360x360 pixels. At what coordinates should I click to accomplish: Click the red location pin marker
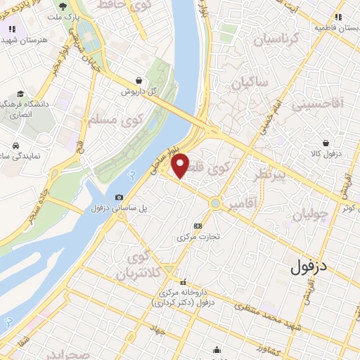[181, 165]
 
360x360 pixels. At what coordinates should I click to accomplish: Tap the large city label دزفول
[309, 266]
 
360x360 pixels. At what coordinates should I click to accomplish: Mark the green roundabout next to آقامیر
[215, 204]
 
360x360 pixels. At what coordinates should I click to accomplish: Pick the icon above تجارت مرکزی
[198, 226]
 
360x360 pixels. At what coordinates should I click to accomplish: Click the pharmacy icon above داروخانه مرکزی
[184, 281]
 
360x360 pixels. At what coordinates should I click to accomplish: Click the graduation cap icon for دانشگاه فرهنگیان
[21, 94]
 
